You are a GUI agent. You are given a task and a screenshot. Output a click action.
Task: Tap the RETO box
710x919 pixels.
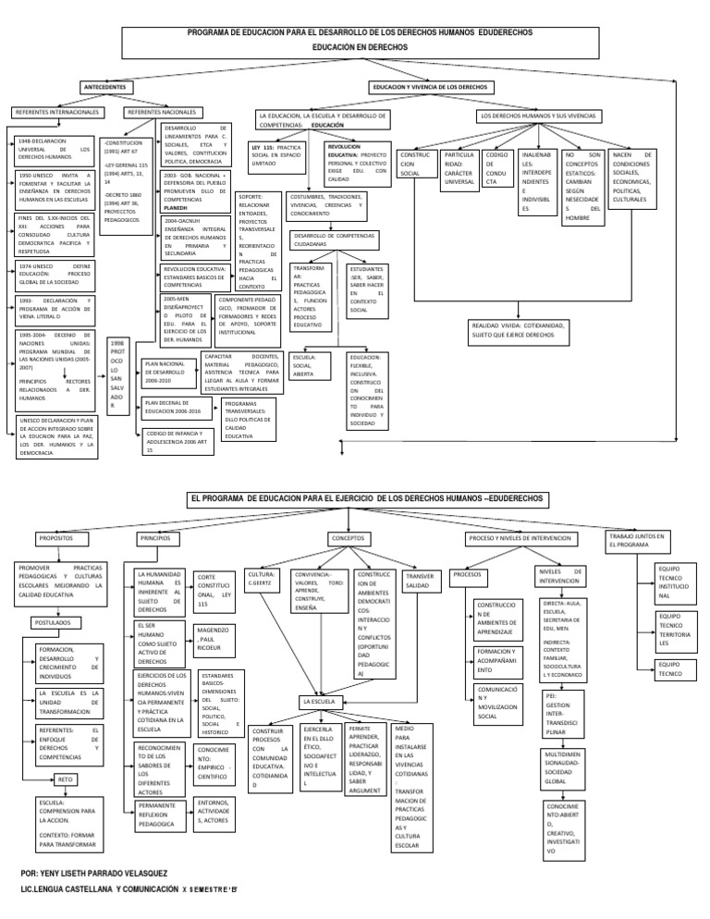[x=65, y=779]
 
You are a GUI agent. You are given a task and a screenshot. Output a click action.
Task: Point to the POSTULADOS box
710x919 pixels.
[x=57, y=623]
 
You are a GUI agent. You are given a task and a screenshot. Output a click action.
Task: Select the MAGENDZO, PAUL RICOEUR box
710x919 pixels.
[x=212, y=639]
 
